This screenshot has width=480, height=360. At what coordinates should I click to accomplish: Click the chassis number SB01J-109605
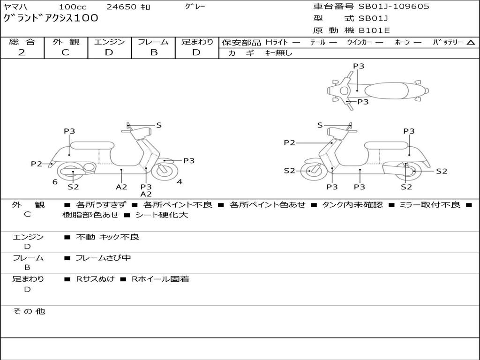(x=394, y=7)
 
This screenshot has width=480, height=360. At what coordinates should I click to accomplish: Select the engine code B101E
(x=375, y=31)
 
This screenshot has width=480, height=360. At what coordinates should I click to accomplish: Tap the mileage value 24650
(x=121, y=7)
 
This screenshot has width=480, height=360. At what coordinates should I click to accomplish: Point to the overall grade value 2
(x=22, y=52)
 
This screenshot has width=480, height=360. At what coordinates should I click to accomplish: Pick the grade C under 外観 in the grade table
(x=66, y=52)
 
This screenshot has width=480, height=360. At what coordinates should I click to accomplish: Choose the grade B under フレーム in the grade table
(x=153, y=52)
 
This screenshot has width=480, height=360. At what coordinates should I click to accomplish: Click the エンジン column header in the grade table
(x=109, y=42)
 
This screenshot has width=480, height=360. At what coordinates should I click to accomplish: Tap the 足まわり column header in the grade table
(x=197, y=42)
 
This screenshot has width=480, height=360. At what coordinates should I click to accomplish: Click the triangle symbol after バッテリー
(x=471, y=43)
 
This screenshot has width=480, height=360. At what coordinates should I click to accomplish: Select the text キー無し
(x=278, y=53)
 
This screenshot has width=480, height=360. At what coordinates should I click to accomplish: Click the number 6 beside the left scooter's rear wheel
(x=55, y=182)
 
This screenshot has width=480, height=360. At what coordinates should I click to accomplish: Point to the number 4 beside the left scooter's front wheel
(x=180, y=182)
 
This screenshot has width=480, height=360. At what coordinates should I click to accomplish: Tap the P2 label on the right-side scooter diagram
(x=289, y=143)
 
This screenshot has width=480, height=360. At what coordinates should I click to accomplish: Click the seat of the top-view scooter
(x=387, y=90)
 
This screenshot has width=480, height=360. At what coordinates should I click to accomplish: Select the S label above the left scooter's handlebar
(x=159, y=125)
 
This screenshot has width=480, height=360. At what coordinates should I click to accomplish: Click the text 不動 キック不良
(x=108, y=237)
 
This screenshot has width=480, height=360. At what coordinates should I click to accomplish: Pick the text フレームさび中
(x=103, y=258)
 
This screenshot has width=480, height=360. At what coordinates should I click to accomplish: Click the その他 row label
(x=29, y=311)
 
